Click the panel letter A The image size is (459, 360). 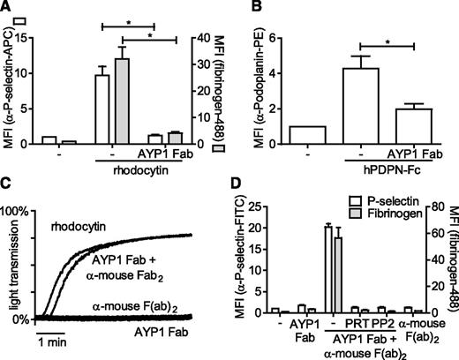point(7,8)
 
